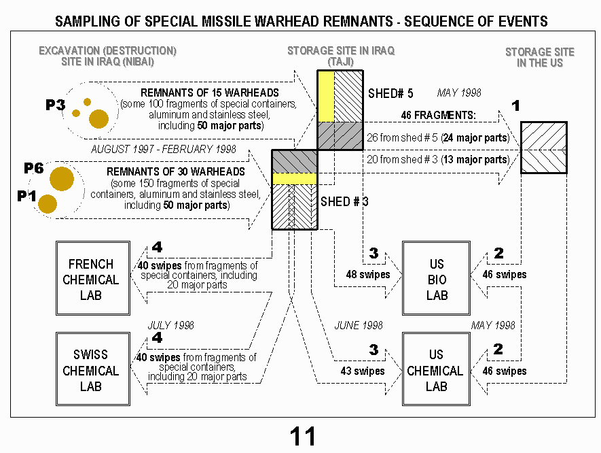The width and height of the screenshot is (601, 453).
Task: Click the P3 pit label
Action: point(56,105)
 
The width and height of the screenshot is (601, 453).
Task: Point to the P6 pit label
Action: point(34,168)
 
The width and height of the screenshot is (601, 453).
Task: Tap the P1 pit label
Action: point(27,196)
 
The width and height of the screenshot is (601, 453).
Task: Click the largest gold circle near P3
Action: point(98,118)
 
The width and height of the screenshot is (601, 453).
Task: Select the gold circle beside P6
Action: point(62,179)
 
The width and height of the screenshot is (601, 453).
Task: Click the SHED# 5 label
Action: point(390,93)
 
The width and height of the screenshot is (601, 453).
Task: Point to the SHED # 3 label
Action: point(344,201)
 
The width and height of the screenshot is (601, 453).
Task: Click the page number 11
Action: point(303,437)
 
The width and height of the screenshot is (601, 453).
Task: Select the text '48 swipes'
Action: point(368,275)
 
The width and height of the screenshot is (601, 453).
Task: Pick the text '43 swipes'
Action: point(363,371)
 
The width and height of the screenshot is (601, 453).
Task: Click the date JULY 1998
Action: point(171,326)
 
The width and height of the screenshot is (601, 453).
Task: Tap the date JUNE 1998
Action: point(359,326)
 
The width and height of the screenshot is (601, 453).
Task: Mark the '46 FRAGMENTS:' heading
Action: point(439,115)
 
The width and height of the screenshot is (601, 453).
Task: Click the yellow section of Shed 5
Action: point(326,97)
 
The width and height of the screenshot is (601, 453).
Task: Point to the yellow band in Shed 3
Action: point(295,178)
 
